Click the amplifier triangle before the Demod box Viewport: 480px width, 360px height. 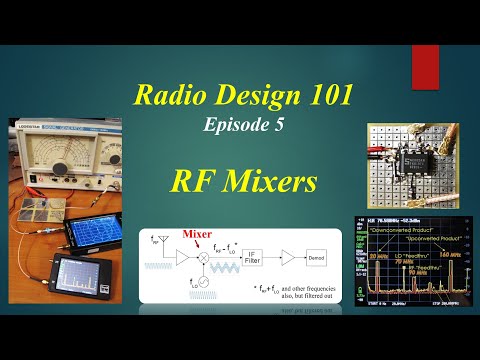point(288,258)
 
